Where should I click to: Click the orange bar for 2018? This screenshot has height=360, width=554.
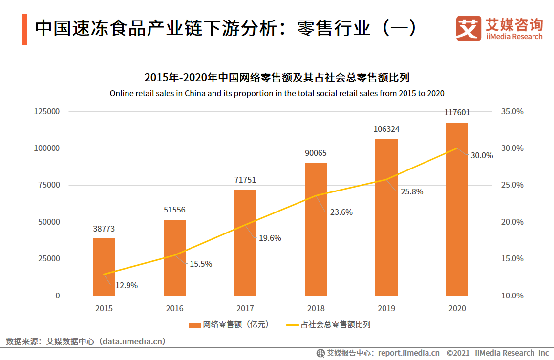316,229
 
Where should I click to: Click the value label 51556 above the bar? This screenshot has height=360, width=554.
174,210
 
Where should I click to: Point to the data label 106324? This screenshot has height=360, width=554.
386,129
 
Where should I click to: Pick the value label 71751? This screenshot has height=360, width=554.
245,180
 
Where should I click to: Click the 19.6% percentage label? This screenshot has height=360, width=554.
270,238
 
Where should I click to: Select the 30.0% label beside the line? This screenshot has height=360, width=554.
481,155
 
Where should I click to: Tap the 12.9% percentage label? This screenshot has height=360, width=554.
126,285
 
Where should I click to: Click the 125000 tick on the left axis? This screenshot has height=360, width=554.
47,111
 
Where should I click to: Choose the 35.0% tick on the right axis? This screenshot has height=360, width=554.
512,111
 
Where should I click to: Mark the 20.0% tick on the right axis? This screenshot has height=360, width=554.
512,222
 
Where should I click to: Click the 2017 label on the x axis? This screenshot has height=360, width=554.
245,308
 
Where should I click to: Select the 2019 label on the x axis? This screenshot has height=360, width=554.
386,308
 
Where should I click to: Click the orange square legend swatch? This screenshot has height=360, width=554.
194,325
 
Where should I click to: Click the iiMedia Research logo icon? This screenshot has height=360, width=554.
469,28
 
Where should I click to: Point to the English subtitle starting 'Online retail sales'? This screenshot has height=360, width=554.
277,93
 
